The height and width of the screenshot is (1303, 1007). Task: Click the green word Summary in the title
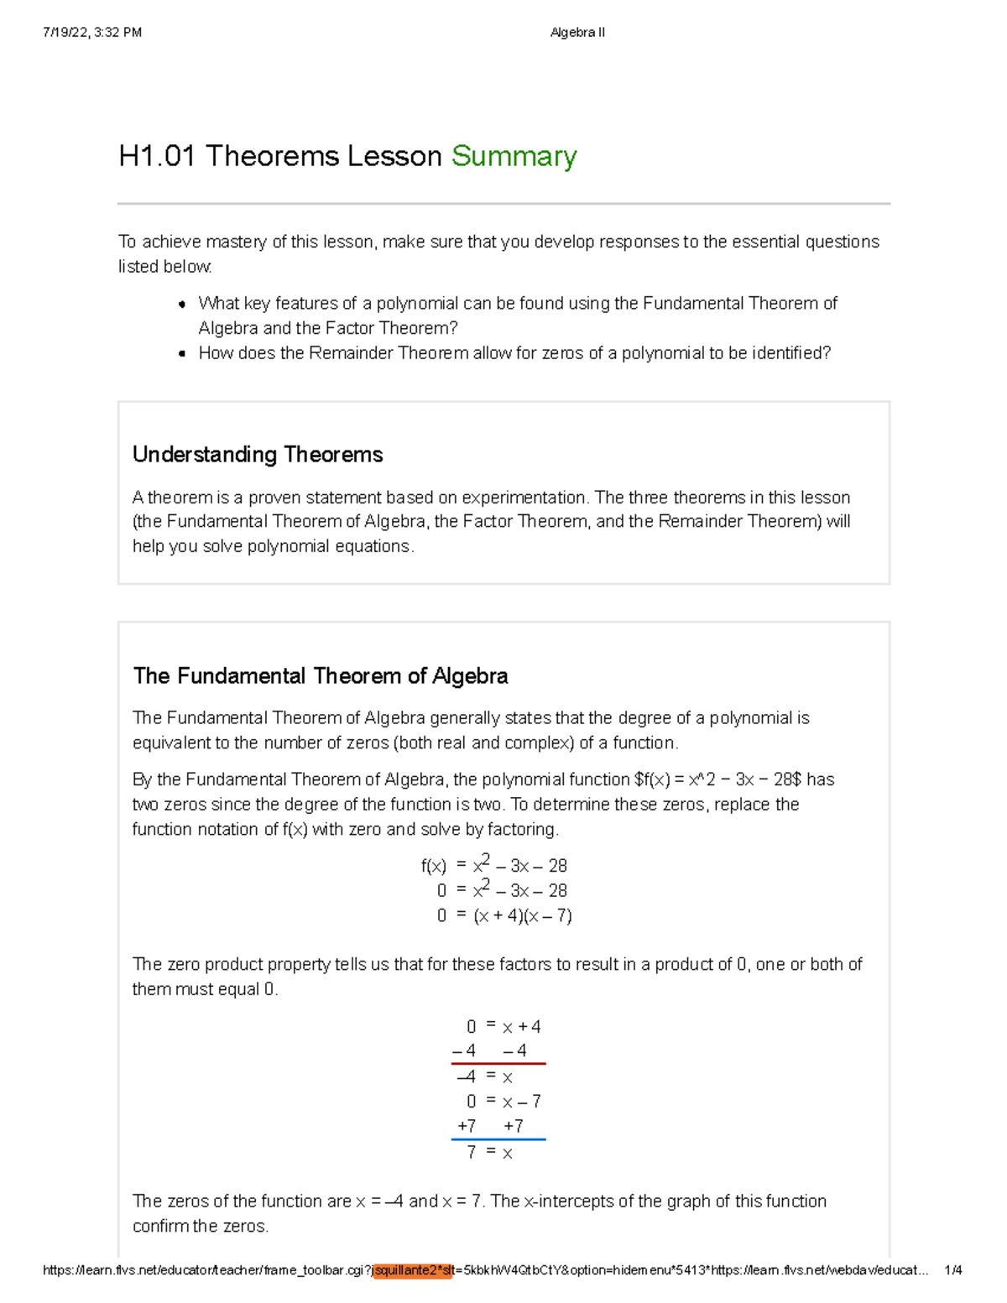tap(514, 157)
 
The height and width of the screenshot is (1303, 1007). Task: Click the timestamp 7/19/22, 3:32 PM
tap(92, 33)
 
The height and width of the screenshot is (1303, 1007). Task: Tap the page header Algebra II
tap(577, 33)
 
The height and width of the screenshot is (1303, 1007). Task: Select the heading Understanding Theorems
tap(258, 455)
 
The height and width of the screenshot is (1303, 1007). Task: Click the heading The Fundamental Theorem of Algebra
tap(321, 676)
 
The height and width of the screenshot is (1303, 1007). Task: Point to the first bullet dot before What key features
tap(182, 305)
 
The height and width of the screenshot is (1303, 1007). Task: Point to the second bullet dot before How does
tap(182, 354)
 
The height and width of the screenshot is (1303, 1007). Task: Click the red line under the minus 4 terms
tap(498, 1064)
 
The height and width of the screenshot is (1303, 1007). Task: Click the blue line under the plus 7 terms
tap(498, 1139)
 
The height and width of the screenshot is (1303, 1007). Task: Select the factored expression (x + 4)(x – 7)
tap(523, 916)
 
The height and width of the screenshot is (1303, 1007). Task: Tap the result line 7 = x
tap(489, 1153)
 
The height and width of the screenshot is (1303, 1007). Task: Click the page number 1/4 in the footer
tap(952, 1270)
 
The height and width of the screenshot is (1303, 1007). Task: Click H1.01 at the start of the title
tap(157, 157)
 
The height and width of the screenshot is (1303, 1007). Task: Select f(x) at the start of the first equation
tap(434, 866)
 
